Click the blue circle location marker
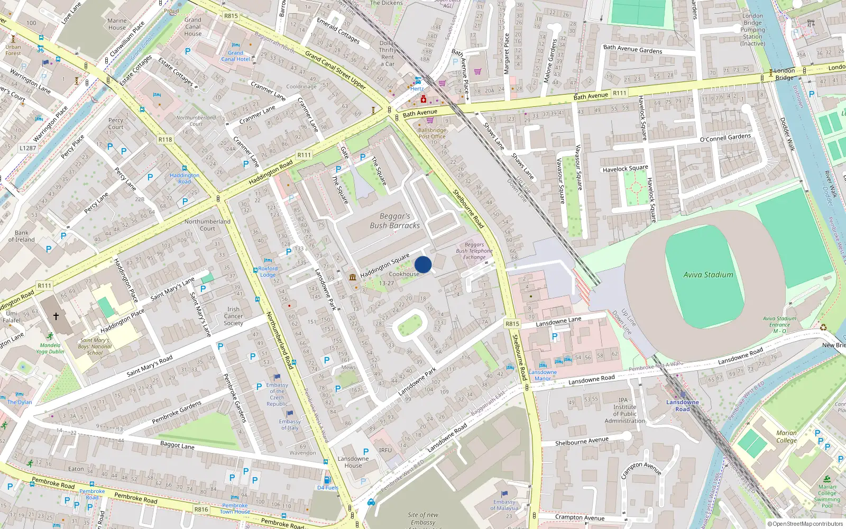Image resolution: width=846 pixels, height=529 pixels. coord(423,264)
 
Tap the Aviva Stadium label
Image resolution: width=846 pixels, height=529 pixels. coord(708,275)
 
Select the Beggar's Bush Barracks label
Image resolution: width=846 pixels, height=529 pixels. coord(394,221)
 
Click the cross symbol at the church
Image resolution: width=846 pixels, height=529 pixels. coord(56,316)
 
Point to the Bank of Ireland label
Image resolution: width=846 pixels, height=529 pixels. coord(22,236)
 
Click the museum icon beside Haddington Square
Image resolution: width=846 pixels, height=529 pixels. coord(353,277)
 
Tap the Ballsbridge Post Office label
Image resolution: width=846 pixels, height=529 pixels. coord(432,133)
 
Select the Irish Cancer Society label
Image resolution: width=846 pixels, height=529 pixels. coord(233,316)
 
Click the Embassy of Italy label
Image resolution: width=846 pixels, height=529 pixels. coord(290,424)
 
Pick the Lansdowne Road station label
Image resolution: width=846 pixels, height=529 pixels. coord(682,406)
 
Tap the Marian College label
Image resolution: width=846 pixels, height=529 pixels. coord(786,436)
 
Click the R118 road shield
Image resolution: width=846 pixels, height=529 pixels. coord(165,140)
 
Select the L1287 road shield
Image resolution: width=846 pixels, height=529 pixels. coord(28,148)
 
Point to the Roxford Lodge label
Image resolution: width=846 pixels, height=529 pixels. coord(268,271)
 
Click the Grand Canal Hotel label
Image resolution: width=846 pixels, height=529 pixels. coord(235,56)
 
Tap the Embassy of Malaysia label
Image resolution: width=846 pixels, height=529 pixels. coord(504,505)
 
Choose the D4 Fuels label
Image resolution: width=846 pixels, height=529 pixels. coord(327,488)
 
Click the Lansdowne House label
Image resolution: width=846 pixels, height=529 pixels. coord(353,462)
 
